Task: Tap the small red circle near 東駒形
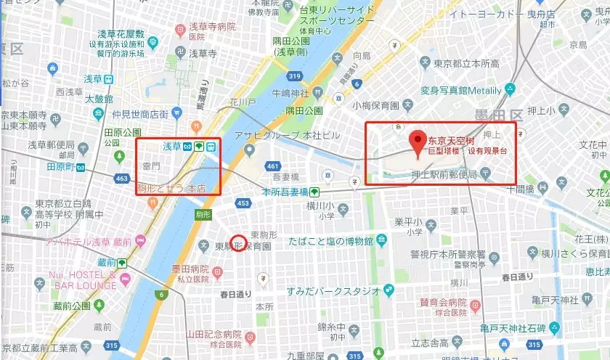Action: pos(237,242)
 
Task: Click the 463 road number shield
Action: pos(121,177)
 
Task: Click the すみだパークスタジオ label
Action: pos(333,290)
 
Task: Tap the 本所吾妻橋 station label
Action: pos(285,192)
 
